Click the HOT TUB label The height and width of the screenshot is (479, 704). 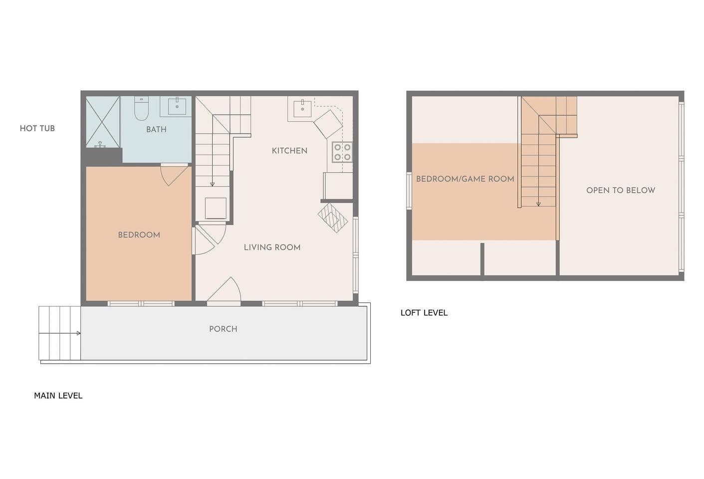point(37,128)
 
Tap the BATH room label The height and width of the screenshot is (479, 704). point(156,129)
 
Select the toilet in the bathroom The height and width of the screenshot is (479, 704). point(141,109)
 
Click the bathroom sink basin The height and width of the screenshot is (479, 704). point(177,106)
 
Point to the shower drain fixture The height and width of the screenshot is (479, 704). point(100,145)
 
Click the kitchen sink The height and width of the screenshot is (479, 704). point(302,108)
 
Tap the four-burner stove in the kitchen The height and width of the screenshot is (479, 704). point(342,152)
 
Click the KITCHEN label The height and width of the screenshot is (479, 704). point(289,151)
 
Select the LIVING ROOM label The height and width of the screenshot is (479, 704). point(272,247)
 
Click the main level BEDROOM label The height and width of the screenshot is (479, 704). point(139,235)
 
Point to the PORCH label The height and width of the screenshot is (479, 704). point(223,329)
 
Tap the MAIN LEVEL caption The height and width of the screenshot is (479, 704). point(58,395)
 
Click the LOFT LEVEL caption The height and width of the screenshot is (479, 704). point(424,313)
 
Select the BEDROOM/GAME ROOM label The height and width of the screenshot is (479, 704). point(465,179)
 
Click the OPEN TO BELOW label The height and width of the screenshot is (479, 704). point(621,190)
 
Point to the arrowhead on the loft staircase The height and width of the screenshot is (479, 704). point(538,204)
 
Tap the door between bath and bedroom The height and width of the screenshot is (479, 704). point(174,175)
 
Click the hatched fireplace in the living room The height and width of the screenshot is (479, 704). point(333,218)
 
